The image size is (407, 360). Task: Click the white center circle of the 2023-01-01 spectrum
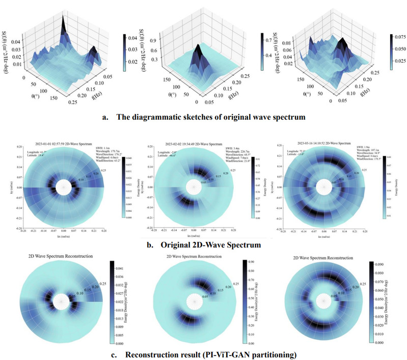coord(63,187)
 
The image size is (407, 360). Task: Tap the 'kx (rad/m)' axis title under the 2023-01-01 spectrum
coord(64,239)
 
